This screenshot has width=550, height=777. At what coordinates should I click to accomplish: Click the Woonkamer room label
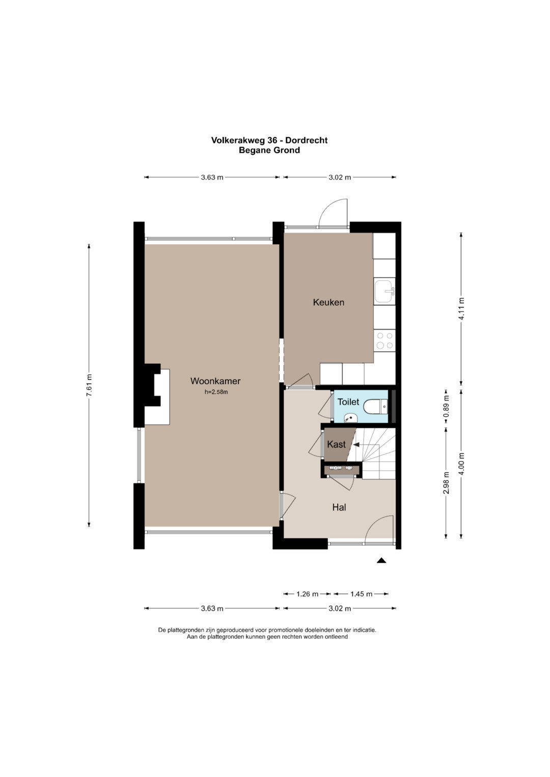pos(215,381)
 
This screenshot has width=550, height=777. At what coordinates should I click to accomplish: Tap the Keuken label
pos(328,302)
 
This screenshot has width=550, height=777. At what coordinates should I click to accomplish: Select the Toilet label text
pos(348,401)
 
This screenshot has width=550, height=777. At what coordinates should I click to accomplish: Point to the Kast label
pos(336,444)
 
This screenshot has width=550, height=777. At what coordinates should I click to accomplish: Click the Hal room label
pos(339,507)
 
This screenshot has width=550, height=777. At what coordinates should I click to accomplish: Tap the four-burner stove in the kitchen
pos(384,340)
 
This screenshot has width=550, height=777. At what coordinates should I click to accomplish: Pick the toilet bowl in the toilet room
pos(375,406)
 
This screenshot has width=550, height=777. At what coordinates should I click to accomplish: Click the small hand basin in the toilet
pos(350,419)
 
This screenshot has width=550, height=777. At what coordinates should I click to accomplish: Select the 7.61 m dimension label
pos(89,386)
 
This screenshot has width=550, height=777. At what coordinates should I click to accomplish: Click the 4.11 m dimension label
pos(461,309)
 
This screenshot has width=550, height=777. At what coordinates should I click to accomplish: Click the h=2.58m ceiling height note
pos(216,392)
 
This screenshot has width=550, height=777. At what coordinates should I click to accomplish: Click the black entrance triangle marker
pos(381,560)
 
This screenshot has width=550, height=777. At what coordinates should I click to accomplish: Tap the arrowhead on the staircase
pos(355,444)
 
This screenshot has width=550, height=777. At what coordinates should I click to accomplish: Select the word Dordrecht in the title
pos(307,140)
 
